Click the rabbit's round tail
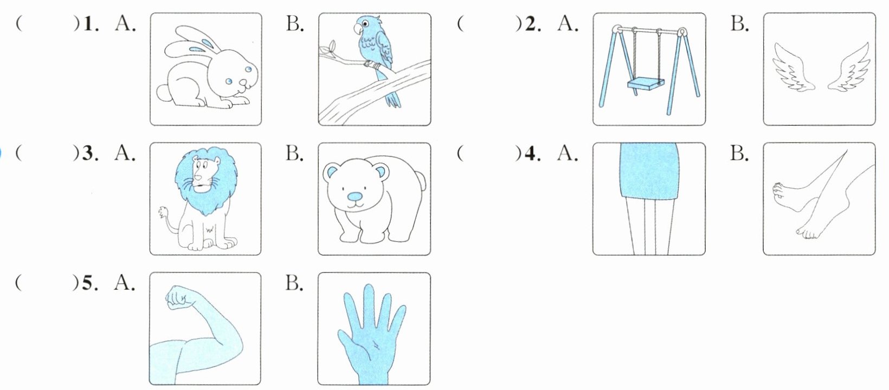click(163, 93)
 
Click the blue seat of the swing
click(645, 84)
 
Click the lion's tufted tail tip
click(163, 212)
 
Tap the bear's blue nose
click(355, 197)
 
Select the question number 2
click(533, 24)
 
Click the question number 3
click(90, 154)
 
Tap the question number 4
click(533, 154)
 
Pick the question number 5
click(90, 283)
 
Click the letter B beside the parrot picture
click(294, 24)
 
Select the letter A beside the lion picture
click(125, 153)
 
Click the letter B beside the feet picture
click(739, 153)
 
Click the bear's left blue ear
click(331, 171)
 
